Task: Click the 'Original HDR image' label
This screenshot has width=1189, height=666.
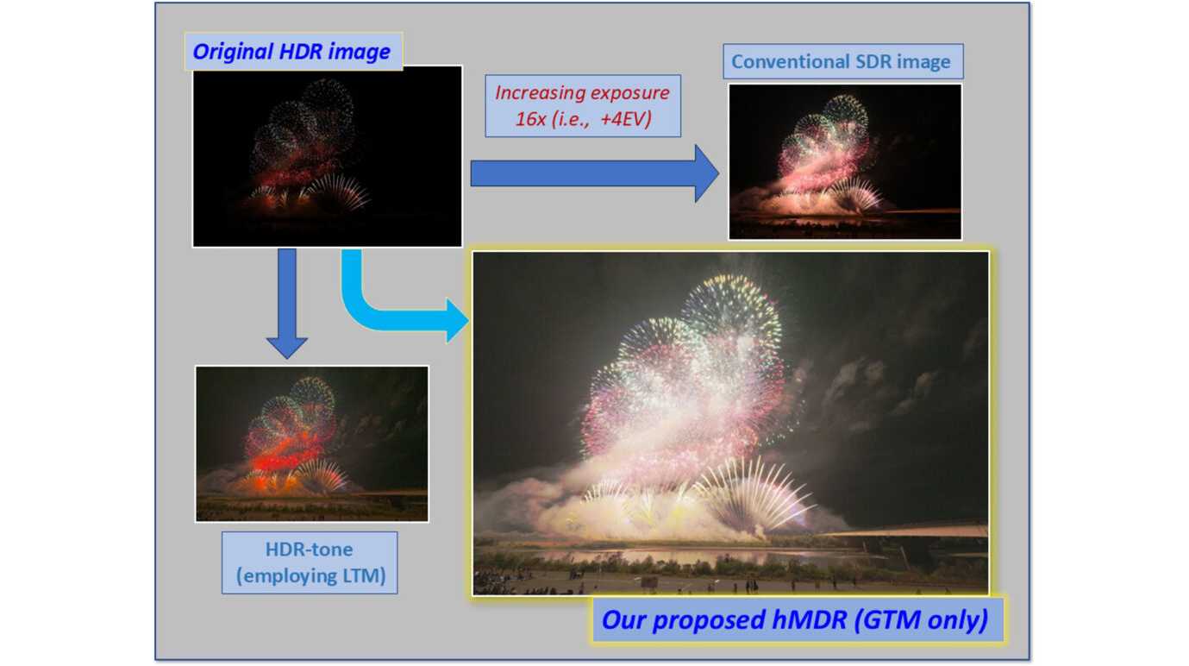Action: (x=293, y=52)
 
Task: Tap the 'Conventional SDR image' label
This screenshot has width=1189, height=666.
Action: (x=843, y=61)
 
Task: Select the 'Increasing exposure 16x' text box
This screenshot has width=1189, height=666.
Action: (x=583, y=106)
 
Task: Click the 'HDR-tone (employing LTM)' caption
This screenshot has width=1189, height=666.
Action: (x=310, y=562)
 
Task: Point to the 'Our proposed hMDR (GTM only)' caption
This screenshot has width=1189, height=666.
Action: (x=798, y=619)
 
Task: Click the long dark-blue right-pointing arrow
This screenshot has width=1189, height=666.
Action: (x=595, y=173)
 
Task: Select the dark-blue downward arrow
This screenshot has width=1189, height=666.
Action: (x=286, y=304)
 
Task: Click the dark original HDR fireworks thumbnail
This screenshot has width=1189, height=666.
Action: (x=327, y=156)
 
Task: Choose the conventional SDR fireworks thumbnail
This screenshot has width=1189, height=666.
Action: (x=844, y=161)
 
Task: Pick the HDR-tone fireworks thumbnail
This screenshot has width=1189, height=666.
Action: (x=311, y=443)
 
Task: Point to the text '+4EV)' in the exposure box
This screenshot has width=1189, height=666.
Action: (x=626, y=118)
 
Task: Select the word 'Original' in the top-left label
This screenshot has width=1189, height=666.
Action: (x=234, y=52)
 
